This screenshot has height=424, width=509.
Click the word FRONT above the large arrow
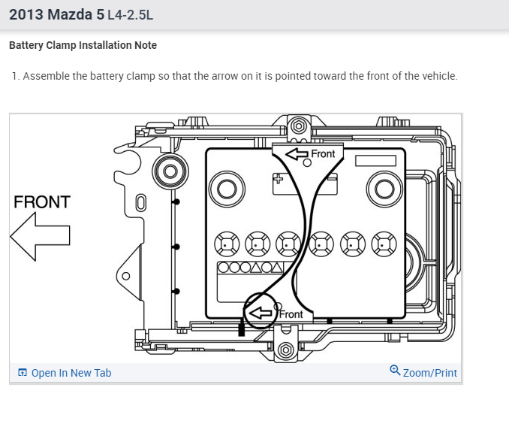coord(42,202)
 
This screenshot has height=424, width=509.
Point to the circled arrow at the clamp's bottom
coord(261,312)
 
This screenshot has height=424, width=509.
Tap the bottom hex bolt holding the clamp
coord(285,350)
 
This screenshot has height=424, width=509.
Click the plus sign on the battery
coord(278,179)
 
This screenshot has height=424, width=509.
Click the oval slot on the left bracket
coord(140,202)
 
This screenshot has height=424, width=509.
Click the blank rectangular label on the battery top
coord(375,160)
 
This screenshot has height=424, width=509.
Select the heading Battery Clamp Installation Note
coord(83,45)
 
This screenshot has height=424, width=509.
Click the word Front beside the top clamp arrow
coord(323,154)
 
